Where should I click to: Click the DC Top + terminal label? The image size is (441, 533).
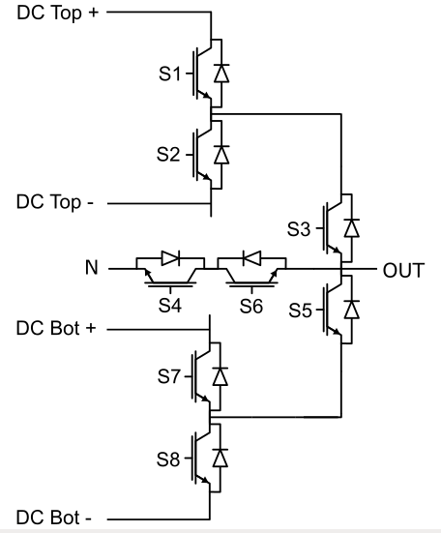(x=57, y=14)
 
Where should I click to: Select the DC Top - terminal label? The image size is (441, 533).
(x=55, y=202)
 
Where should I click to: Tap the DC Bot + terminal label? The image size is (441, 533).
(x=56, y=329)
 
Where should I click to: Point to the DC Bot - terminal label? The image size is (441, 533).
(x=54, y=518)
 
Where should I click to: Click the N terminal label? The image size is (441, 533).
(x=92, y=268)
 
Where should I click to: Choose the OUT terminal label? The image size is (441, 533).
(x=403, y=271)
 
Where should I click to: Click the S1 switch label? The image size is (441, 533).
(x=169, y=74)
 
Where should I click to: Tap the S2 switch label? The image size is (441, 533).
(x=168, y=154)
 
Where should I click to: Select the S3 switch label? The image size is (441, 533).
(x=299, y=228)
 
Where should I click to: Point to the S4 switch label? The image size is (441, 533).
(x=170, y=306)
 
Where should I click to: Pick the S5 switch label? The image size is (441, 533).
(x=300, y=310)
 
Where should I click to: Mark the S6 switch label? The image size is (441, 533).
(x=251, y=306)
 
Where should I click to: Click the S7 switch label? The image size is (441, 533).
(x=168, y=376)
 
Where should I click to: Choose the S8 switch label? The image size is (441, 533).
(x=168, y=459)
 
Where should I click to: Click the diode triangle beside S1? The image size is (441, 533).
(x=221, y=74)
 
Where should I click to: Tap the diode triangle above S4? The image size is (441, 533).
(x=170, y=258)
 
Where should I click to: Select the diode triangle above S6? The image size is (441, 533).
(x=252, y=258)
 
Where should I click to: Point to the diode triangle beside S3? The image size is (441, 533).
(x=352, y=228)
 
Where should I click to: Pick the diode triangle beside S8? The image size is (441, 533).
(x=220, y=458)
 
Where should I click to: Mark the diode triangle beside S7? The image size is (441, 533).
(x=220, y=376)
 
